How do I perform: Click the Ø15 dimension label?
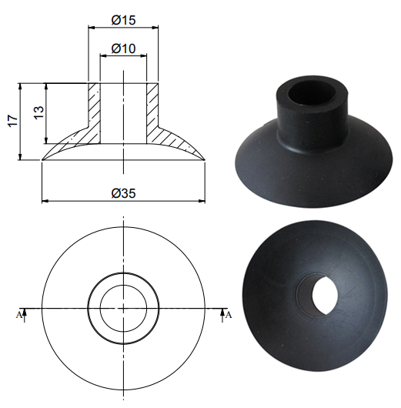pos(123,20)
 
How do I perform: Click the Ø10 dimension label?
pos(123,48)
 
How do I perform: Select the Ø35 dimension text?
pos(123,193)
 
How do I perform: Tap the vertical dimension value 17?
pos(13,120)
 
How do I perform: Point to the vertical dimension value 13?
pos(39,112)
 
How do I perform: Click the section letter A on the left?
pos(18,315)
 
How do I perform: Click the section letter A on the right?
pos(229,315)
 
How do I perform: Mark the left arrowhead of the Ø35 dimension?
pos(45,201)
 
